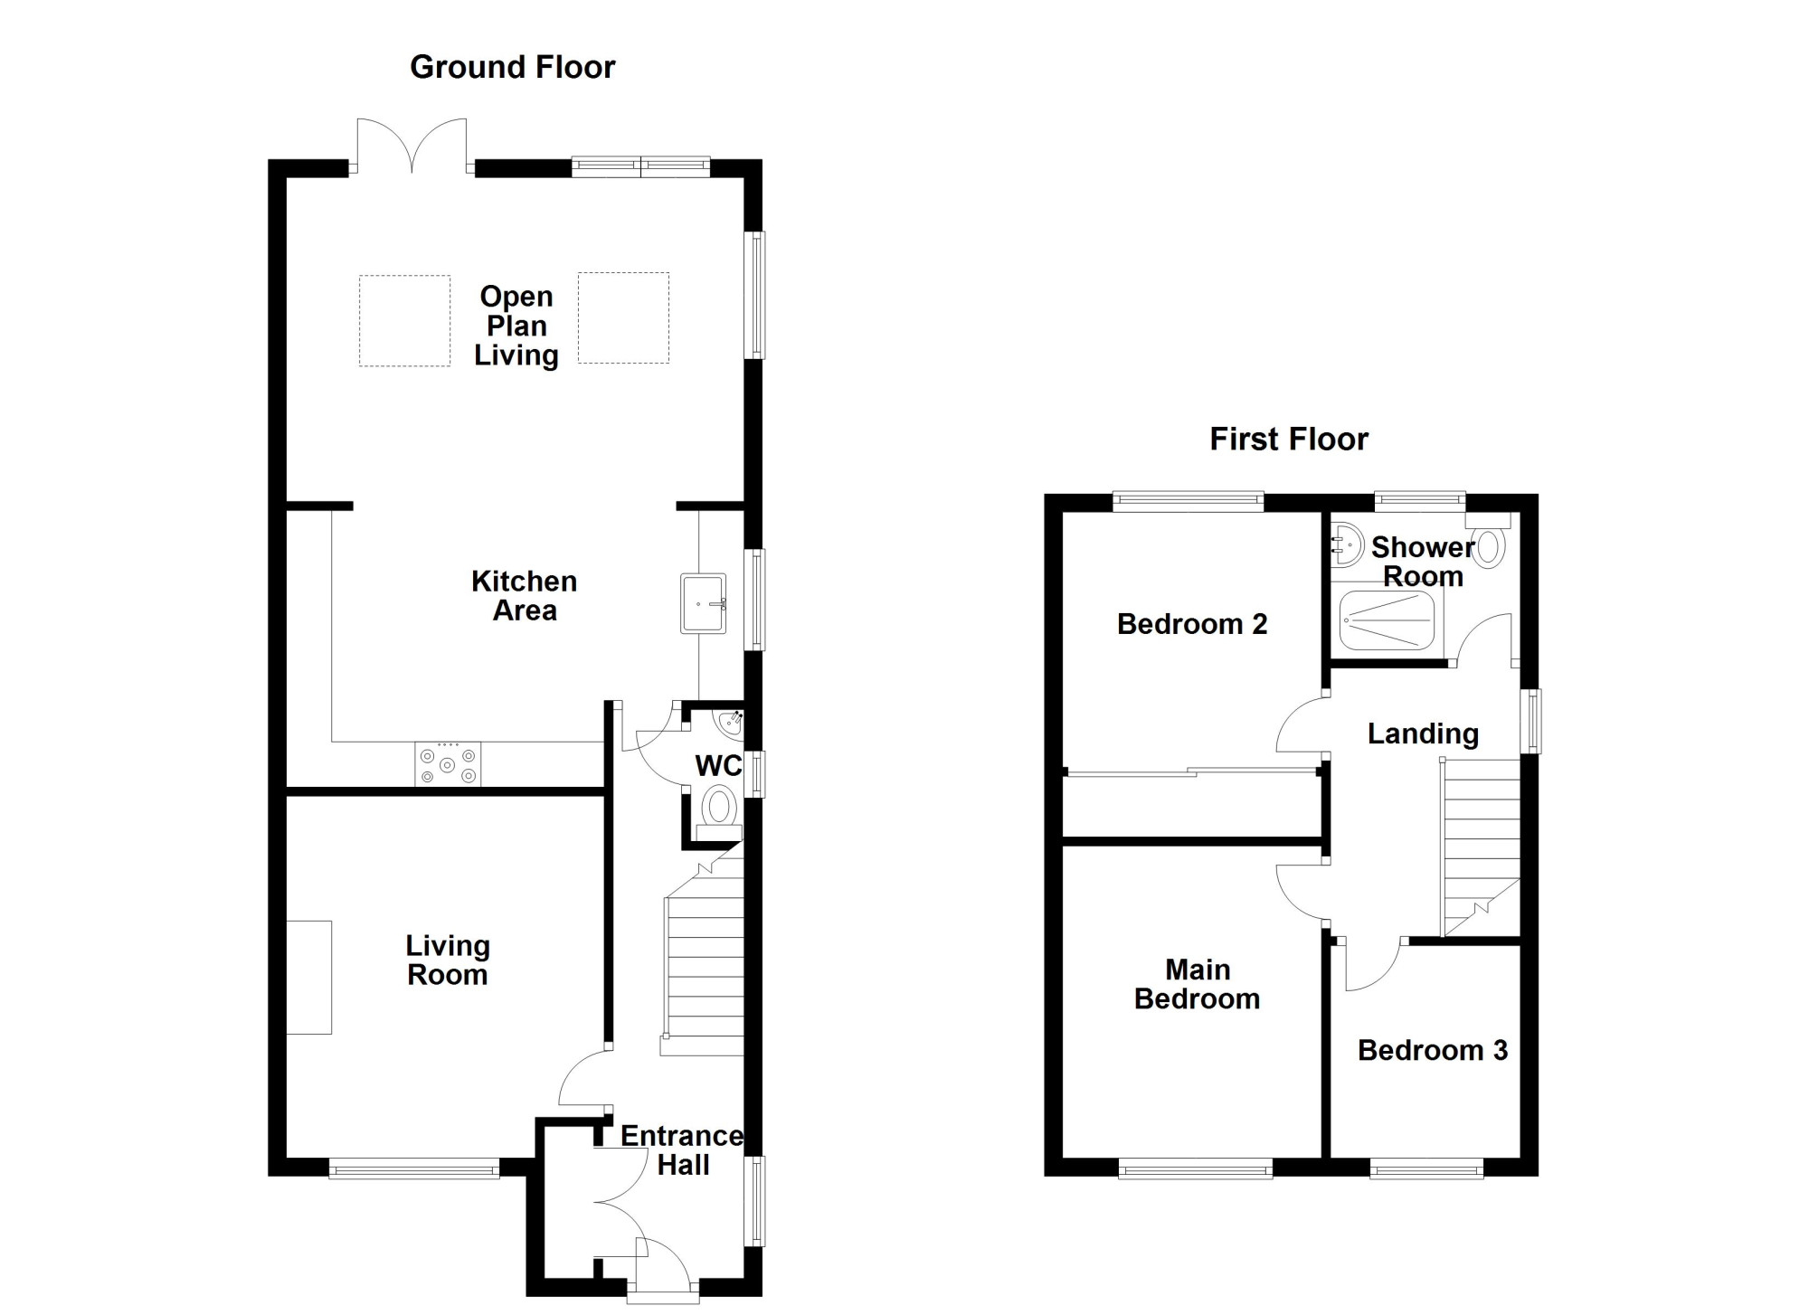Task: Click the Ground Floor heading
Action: (x=513, y=68)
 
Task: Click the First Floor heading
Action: (x=1289, y=440)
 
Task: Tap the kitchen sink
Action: (x=703, y=603)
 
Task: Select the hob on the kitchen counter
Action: (x=448, y=764)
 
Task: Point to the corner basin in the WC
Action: (x=730, y=722)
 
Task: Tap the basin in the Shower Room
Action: (x=1346, y=545)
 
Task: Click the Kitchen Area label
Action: (x=525, y=596)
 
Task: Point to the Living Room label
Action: (x=448, y=960)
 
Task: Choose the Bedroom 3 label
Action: (x=1433, y=1050)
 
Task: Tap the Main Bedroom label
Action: (x=1198, y=984)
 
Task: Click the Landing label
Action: (x=1423, y=734)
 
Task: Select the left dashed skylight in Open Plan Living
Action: (x=404, y=321)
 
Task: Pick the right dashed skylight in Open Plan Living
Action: (x=623, y=317)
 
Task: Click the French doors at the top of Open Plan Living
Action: (x=412, y=145)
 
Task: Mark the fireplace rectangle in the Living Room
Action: (x=309, y=977)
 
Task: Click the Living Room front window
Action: (x=414, y=1169)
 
